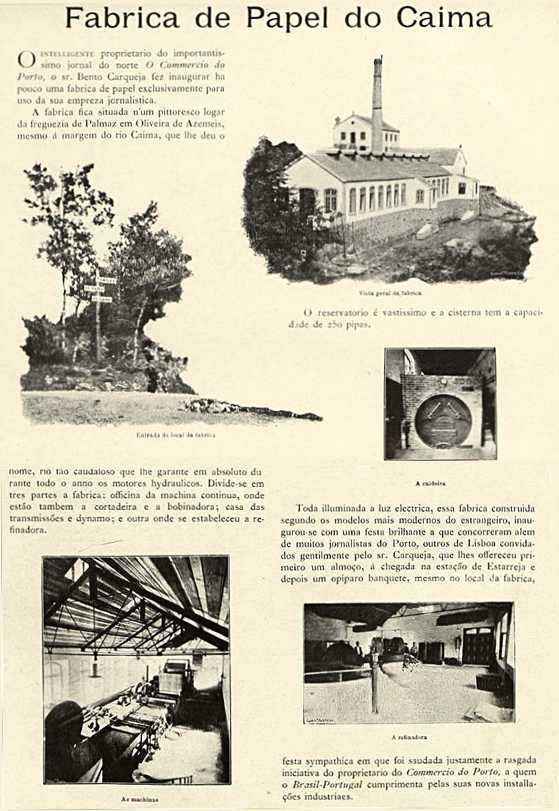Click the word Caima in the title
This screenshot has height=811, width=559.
pyautogui.click(x=444, y=18)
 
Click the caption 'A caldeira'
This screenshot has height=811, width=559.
pyautogui.click(x=440, y=483)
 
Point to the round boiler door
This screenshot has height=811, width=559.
pyautogui.click(x=443, y=422)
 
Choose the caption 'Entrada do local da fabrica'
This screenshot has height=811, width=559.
pyautogui.click(x=176, y=435)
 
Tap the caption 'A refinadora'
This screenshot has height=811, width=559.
pyautogui.click(x=409, y=737)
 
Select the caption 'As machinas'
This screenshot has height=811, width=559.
pyautogui.click(x=140, y=799)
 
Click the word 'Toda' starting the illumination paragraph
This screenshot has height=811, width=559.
pyautogui.click(x=307, y=508)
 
